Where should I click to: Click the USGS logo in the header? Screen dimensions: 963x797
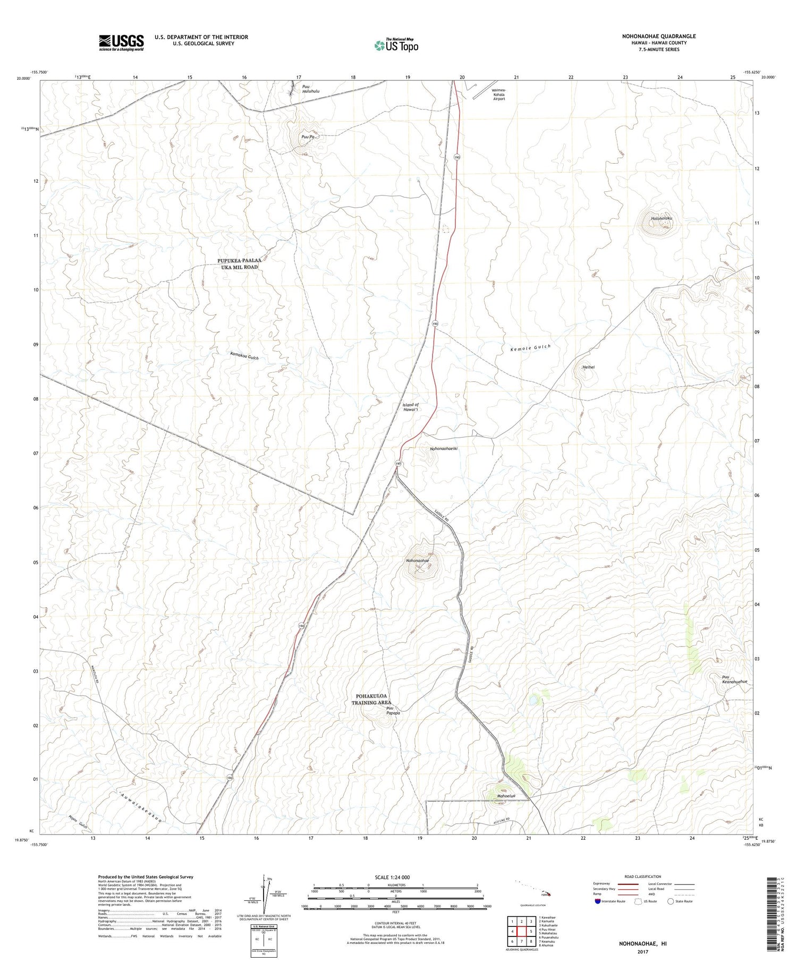(121, 42)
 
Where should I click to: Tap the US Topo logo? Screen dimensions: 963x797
(396, 46)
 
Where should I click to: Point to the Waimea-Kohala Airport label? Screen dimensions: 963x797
(499, 95)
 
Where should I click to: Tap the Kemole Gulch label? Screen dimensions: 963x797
(530, 348)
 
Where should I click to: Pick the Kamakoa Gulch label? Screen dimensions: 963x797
(244, 356)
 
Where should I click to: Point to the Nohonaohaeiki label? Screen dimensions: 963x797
(444, 448)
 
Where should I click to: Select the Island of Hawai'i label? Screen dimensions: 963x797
(411, 407)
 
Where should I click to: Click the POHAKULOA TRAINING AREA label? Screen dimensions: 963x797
(371, 699)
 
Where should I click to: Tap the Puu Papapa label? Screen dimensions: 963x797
(393, 711)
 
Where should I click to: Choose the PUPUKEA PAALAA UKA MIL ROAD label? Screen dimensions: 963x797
(240, 263)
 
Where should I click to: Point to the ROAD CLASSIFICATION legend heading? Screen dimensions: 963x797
(643, 876)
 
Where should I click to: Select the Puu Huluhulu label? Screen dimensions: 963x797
(311, 89)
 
